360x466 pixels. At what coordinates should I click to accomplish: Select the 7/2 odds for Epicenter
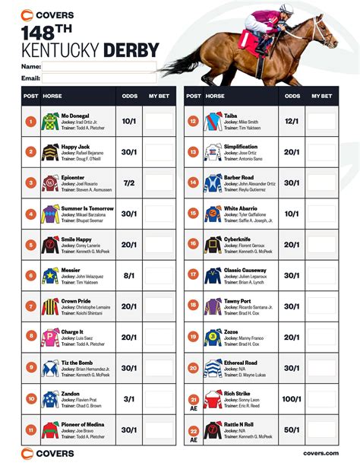(129, 182)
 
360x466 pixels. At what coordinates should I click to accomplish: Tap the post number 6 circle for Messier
(30, 276)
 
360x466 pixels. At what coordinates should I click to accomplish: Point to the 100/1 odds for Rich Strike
(292, 399)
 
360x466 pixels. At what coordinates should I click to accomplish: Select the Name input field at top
(99, 67)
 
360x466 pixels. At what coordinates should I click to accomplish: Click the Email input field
(99, 78)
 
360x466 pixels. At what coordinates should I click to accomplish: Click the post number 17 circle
(194, 276)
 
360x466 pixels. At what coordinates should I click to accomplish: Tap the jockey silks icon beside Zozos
(213, 337)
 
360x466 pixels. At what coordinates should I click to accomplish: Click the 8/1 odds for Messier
(129, 276)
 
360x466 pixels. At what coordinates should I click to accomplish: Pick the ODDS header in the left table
(129, 97)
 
